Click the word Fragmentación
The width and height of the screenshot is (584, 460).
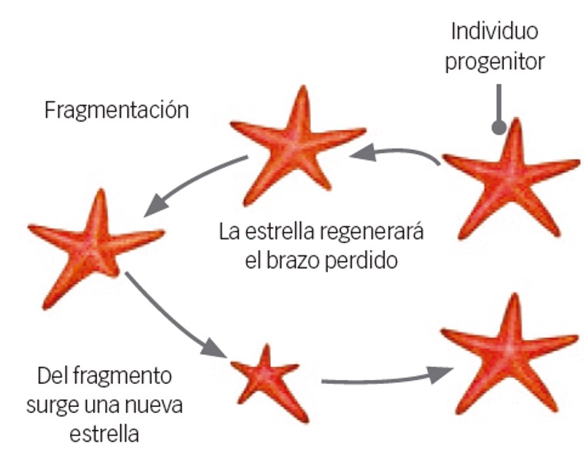pyautogui.click(x=117, y=110)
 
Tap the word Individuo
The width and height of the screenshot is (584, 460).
pyautogui.click(x=495, y=31)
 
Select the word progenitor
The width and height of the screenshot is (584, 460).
pyautogui.click(x=495, y=62)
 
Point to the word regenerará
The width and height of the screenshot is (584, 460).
pyautogui.click(x=372, y=233)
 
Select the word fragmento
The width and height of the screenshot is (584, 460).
pyautogui.click(x=122, y=376)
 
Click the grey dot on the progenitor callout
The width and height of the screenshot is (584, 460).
pyautogui.click(x=499, y=128)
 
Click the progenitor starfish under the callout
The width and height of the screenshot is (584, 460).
pyautogui.click(x=510, y=178)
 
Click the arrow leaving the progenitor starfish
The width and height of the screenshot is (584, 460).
pyautogui.click(x=394, y=152)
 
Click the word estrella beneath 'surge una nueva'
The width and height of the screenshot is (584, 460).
pyautogui.click(x=105, y=434)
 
